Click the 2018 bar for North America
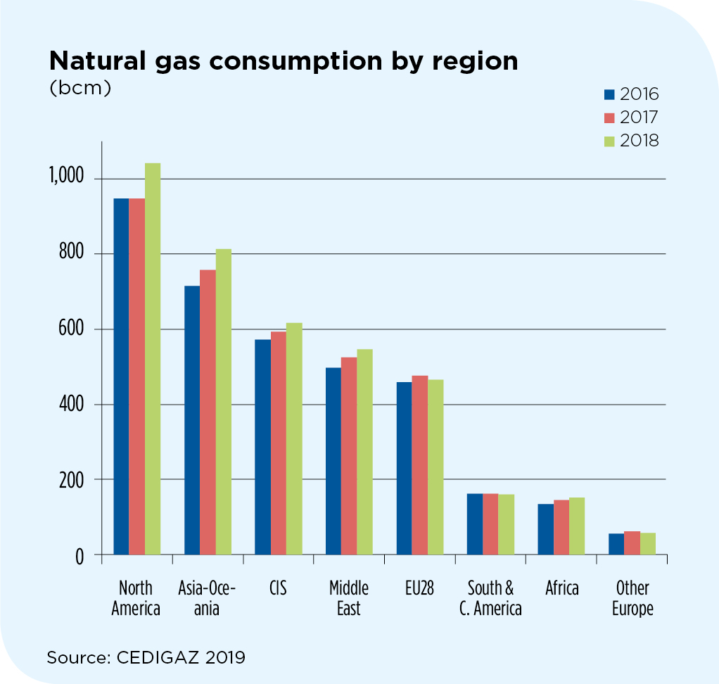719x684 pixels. click(x=153, y=359)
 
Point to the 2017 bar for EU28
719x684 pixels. click(x=419, y=465)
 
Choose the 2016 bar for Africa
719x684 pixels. click(x=546, y=529)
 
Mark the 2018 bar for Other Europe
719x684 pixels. click(x=648, y=544)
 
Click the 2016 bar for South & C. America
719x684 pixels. click(x=475, y=524)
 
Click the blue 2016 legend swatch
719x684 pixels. click(x=609, y=94)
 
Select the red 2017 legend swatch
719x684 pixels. click(x=609, y=118)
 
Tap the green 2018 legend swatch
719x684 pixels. click(x=609, y=141)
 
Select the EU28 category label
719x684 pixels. click(x=419, y=588)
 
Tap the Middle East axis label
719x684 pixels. click(x=349, y=598)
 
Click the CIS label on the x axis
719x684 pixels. click(x=278, y=588)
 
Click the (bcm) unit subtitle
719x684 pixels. click(x=79, y=89)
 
